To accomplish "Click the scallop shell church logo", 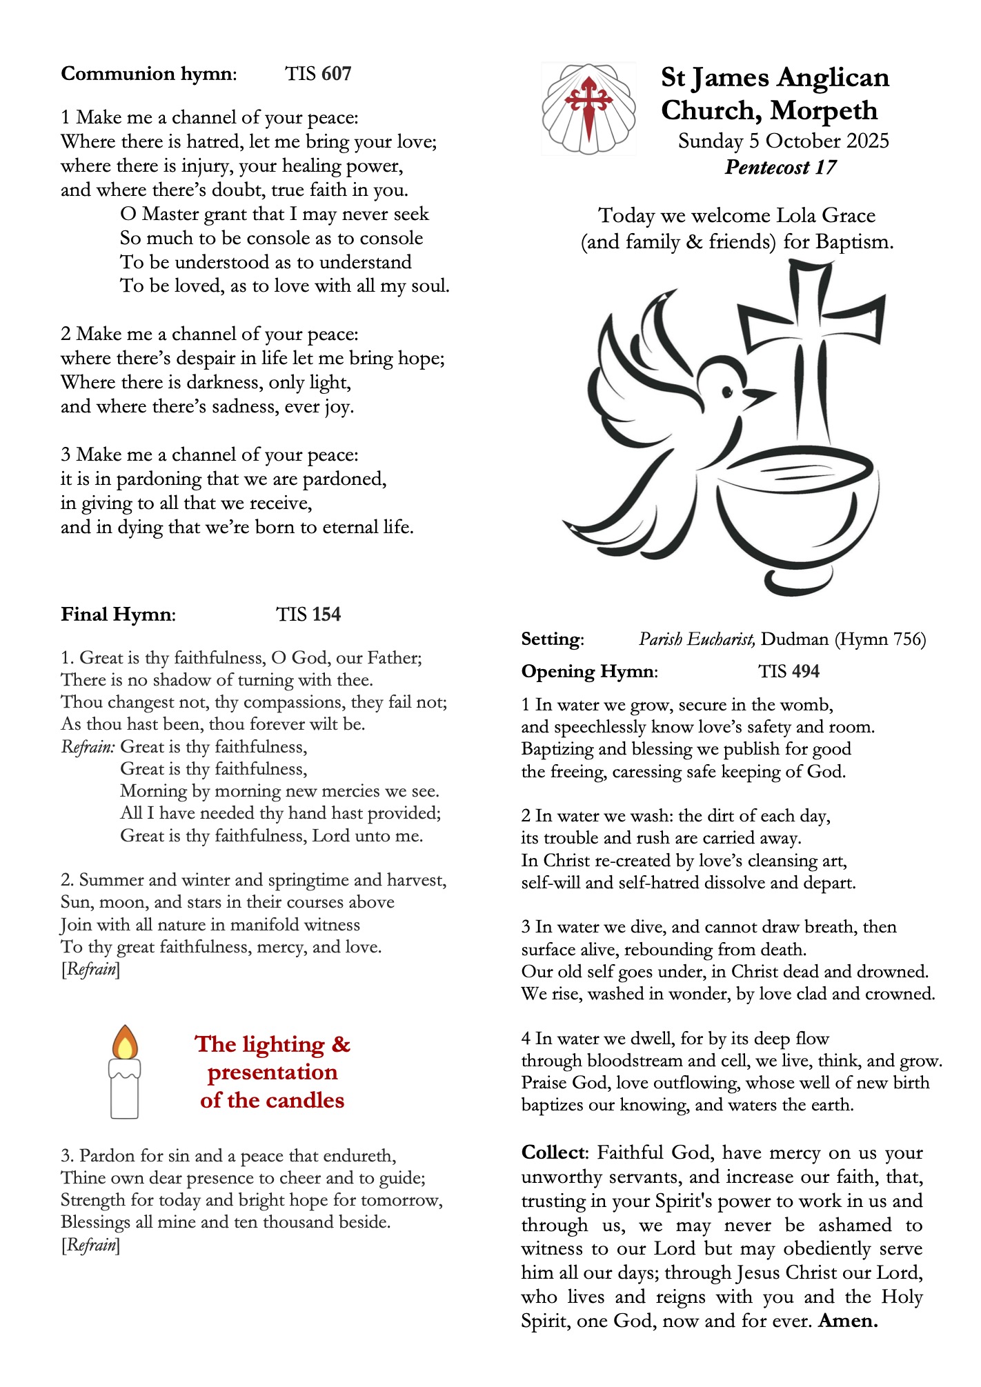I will pyautogui.click(x=588, y=108).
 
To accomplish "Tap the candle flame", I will pyautogui.click(x=125, y=1044).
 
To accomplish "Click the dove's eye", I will pyautogui.click(x=726, y=392).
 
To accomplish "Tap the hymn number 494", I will pyautogui.click(x=804, y=671).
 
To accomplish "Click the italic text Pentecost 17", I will pyautogui.click(x=780, y=168).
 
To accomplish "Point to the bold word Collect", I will pyautogui.click(x=553, y=1152).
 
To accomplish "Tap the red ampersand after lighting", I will pyautogui.click(x=341, y=1044).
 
